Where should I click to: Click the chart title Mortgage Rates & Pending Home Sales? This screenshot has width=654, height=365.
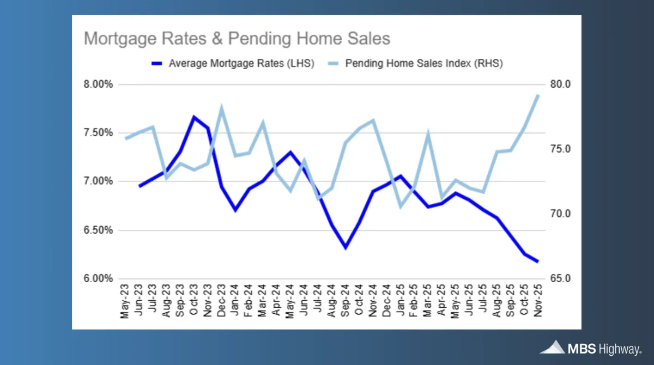[x=237, y=39]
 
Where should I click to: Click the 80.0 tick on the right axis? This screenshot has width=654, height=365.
[x=561, y=84]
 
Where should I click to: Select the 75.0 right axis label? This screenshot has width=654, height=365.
[x=561, y=149]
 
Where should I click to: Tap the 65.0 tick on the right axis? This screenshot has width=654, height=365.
[x=561, y=278]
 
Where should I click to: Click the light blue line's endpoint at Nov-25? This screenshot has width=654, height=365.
[x=537, y=95]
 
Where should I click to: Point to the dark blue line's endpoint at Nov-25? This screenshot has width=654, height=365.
[x=537, y=261]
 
